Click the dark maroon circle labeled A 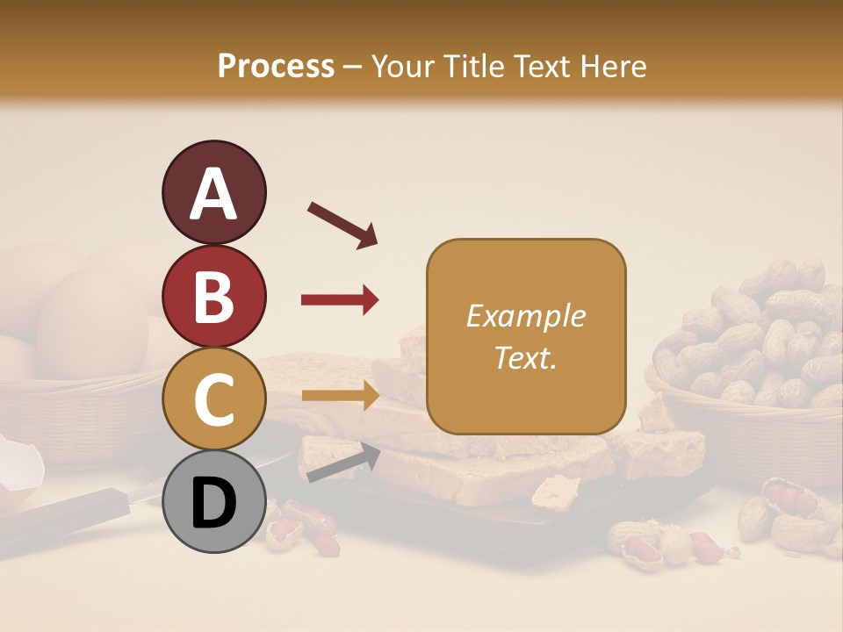pos(214,192)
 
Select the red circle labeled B pos(214,296)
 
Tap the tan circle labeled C pos(214,399)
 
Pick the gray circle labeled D pos(214,501)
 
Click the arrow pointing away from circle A pos(342,225)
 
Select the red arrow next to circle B pos(340,300)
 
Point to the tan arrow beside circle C pos(340,396)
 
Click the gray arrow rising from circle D pos(343,463)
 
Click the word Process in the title pos(276,66)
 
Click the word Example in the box pos(525,316)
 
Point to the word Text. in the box pos(525,357)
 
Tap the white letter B pos(213,296)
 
